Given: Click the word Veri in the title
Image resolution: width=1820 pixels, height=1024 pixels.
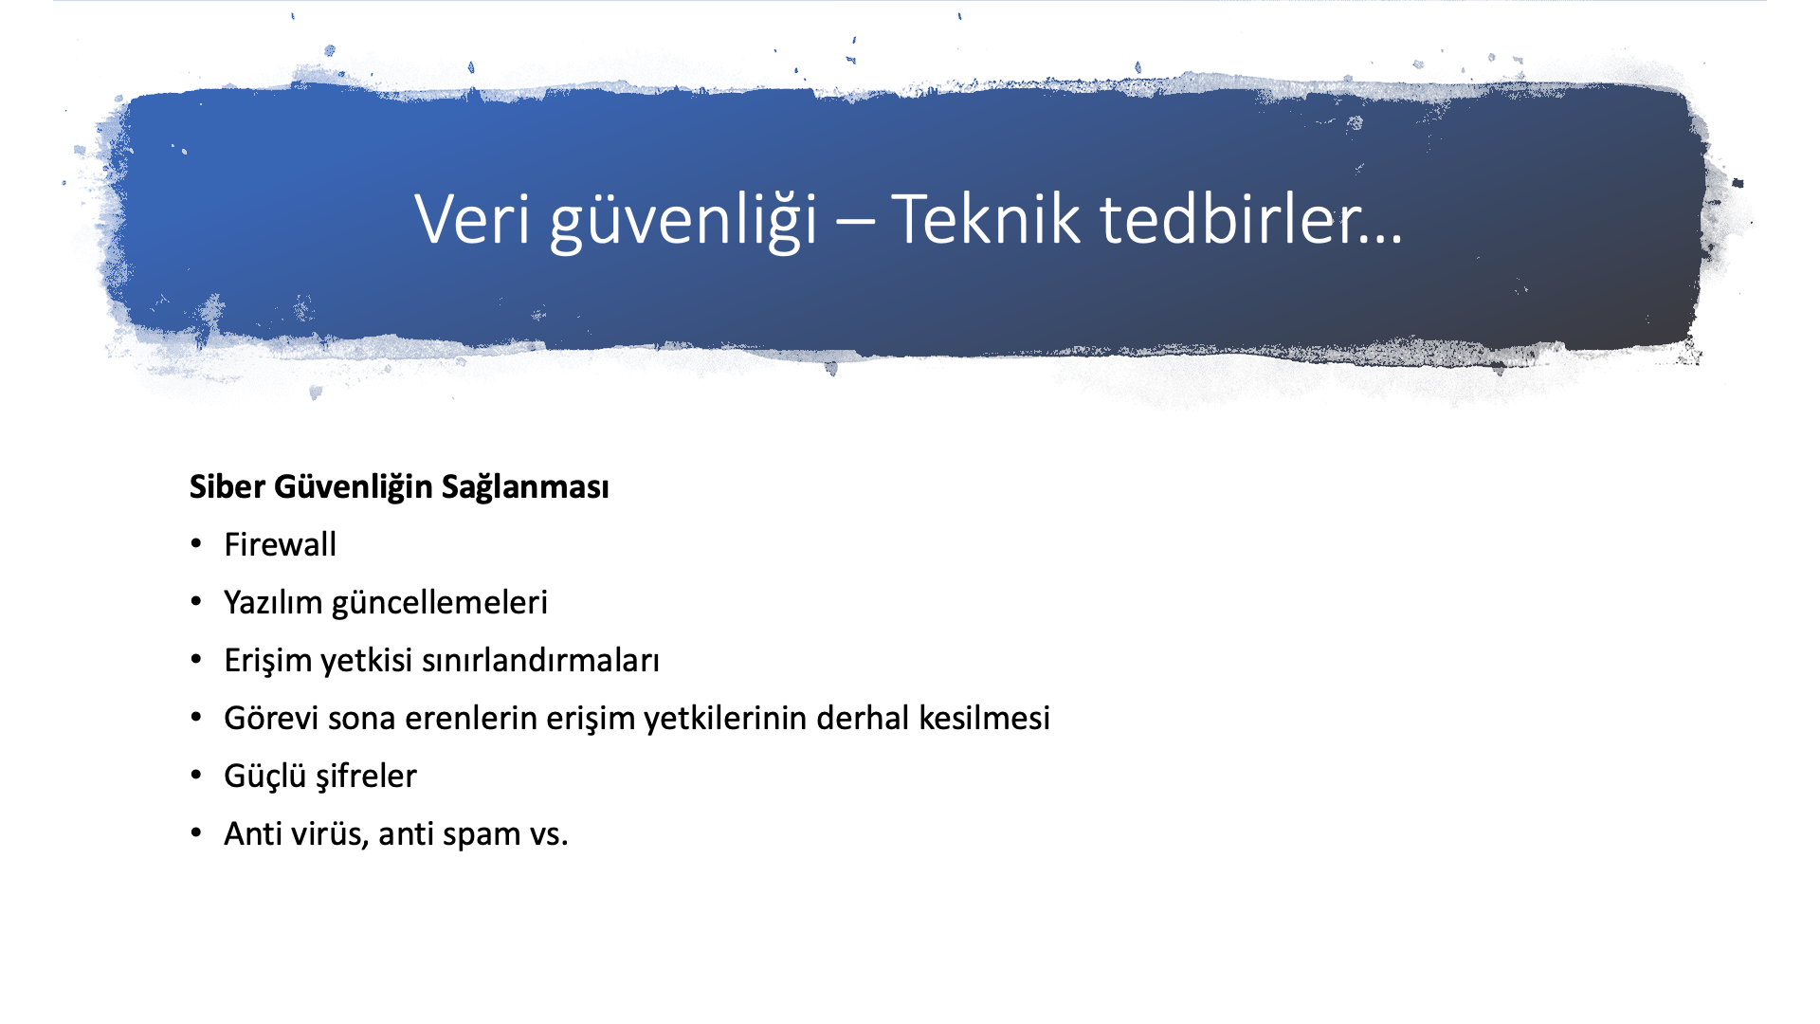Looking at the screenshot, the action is (x=472, y=219).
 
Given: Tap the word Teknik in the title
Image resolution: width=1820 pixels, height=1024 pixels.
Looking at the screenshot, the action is (x=986, y=218).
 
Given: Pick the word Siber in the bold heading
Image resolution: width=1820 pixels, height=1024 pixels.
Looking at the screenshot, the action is (x=227, y=486).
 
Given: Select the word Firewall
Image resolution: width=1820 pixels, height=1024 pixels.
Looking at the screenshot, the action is (x=281, y=544).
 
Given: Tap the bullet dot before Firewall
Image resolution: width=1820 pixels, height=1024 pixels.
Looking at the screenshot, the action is (x=196, y=543).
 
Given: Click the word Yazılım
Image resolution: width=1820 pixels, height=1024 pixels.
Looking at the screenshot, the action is (x=273, y=602).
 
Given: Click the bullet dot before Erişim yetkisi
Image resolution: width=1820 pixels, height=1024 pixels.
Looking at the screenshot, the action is (x=196, y=659).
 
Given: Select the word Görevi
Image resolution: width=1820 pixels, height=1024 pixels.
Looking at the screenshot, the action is (x=271, y=718).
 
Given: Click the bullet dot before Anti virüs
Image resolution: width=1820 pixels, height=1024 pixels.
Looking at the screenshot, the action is (x=196, y=832).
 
